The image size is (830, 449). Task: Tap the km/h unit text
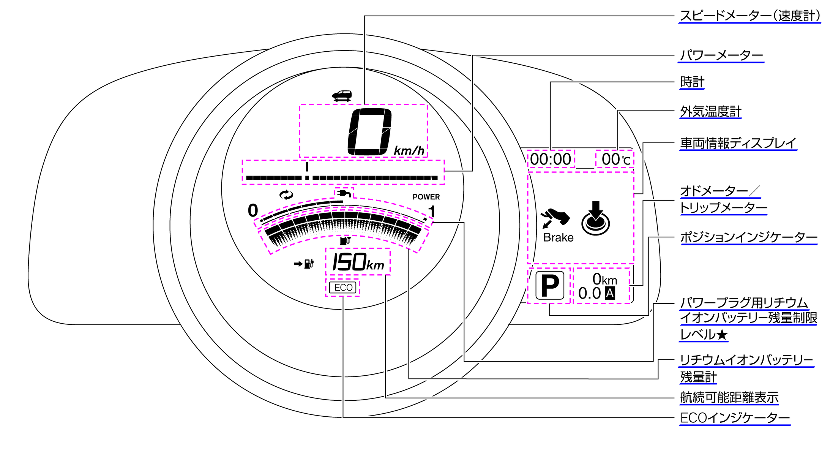pyautogui.click(x=409, y=151)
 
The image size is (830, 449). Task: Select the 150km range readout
pyautogui.click(x=358, y=262)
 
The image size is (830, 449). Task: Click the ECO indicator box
pyautogui.click(x=343, y=288)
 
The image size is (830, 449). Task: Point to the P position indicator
pyautogui.click(x=549, y=286)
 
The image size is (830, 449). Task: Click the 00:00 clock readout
pyautogui.click(x=551, y=159)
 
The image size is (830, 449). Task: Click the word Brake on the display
pyautogui.click(x=558, y=237)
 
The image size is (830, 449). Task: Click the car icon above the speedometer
pyautogui.click(x=342, y=95)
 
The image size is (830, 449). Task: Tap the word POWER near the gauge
pyautogui.click(x=426, y=197)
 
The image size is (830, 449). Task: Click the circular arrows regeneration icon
pyautogui.click(x=286, y=195)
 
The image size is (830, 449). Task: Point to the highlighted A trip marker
pyautogui.click(x=610, y=293)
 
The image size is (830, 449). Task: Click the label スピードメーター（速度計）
pyautogui.click(x=750, y=16)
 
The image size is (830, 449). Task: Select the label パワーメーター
pyautogui.click(x=721, y=55)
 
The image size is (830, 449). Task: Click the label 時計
pyautogui.click(x=692, y=82)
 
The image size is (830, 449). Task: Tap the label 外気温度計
pyautogui.click(x=710, y=112)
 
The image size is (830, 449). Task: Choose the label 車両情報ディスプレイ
pyautogui.click(x=738, y=143)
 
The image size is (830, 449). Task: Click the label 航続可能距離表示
pyautogui.click(x=729, y=398)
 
